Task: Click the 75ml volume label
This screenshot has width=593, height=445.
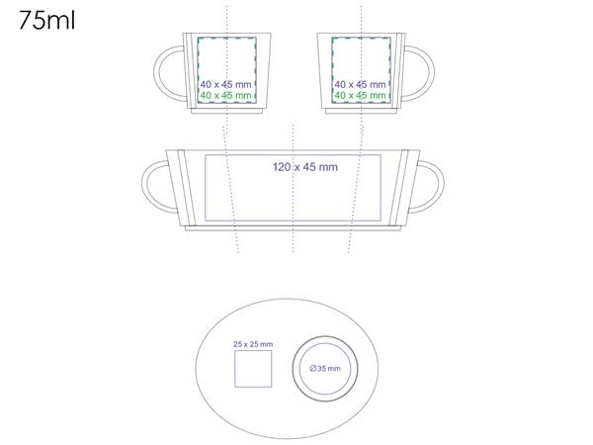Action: [x=46, y=21]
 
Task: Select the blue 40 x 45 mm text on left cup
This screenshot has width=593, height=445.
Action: [x=225, y=84]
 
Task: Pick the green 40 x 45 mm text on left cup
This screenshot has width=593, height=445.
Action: [x=225, y=96]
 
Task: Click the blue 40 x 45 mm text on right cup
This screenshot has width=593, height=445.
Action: [x=360, y=84]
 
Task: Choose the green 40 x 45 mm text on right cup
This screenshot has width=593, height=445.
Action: [x=360, y=96]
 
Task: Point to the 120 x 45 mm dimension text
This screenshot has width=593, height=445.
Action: [x=305, y=167]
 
